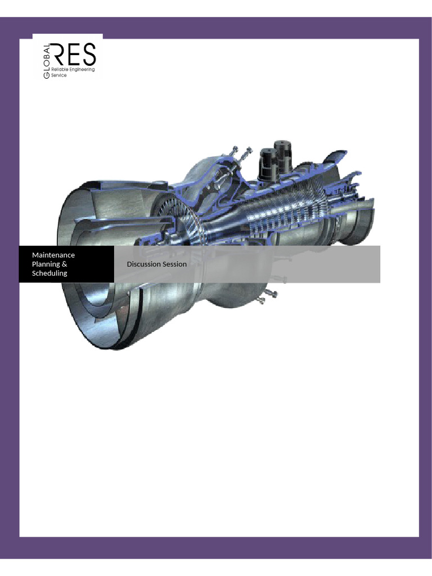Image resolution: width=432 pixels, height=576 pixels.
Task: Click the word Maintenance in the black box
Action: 53,255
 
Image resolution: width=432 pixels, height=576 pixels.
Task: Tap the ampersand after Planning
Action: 64,264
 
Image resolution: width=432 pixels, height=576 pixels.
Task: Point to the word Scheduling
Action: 49,273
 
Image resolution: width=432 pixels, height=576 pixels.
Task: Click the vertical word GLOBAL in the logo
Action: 47,61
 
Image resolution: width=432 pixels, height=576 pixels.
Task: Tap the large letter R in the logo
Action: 60,55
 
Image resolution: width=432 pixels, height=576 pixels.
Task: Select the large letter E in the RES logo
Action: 74,55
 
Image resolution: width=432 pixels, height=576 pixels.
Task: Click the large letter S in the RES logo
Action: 89,55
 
